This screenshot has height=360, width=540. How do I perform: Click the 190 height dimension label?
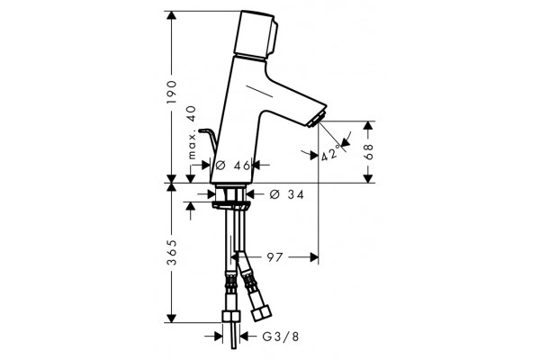(171, 92)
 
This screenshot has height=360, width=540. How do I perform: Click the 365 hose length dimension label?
(171, 252)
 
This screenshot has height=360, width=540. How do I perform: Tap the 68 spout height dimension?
(368, 151)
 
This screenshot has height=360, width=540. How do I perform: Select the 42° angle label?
(330, 154)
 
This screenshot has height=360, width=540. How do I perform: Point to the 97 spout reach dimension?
(274, 257)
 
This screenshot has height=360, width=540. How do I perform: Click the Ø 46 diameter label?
(232, 166)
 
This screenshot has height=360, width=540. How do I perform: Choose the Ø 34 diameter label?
(287, 195)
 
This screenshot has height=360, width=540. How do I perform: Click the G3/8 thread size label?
(281, 337)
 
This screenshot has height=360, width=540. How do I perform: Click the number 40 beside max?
(192, 113)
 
